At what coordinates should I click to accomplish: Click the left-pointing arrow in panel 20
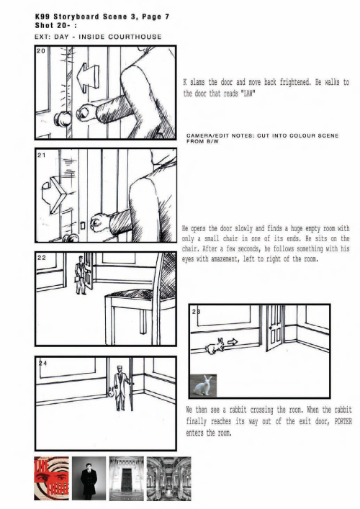[87, 76]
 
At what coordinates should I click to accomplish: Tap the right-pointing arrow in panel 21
[55, 194]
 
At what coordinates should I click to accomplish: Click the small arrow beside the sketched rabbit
[233, 342]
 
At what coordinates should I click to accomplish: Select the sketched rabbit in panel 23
[215, 346]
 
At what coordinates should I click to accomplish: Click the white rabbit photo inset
[203, 385]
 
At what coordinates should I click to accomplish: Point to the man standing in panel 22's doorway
[81, 275]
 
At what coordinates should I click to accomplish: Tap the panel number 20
[41, 51]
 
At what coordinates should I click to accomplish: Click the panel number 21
[41, 156]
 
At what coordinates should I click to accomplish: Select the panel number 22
[42, 258]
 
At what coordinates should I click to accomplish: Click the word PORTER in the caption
[343, 421]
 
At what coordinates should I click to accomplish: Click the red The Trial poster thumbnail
[51, 478]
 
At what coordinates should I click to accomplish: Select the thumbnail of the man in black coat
[89, 478]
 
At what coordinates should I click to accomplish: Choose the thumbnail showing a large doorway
[126, 478]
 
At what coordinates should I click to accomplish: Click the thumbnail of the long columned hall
[168, 478]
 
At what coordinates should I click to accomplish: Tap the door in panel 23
[275, 328]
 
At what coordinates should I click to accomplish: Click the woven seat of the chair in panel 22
[130, 294]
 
